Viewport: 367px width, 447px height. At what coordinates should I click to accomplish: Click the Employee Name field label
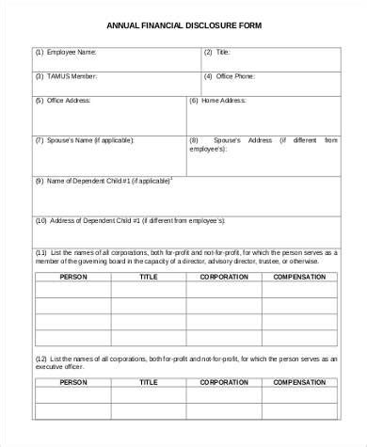67,53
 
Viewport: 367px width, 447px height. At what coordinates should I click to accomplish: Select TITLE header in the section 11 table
148,278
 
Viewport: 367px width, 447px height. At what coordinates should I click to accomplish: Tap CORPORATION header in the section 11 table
223,278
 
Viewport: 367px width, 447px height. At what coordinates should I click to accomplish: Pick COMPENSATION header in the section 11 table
299,278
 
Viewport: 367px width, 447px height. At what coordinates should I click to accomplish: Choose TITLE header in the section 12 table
148,383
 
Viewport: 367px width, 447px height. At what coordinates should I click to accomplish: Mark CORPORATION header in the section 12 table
223,383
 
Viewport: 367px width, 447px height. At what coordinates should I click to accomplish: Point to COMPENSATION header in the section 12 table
299,383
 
